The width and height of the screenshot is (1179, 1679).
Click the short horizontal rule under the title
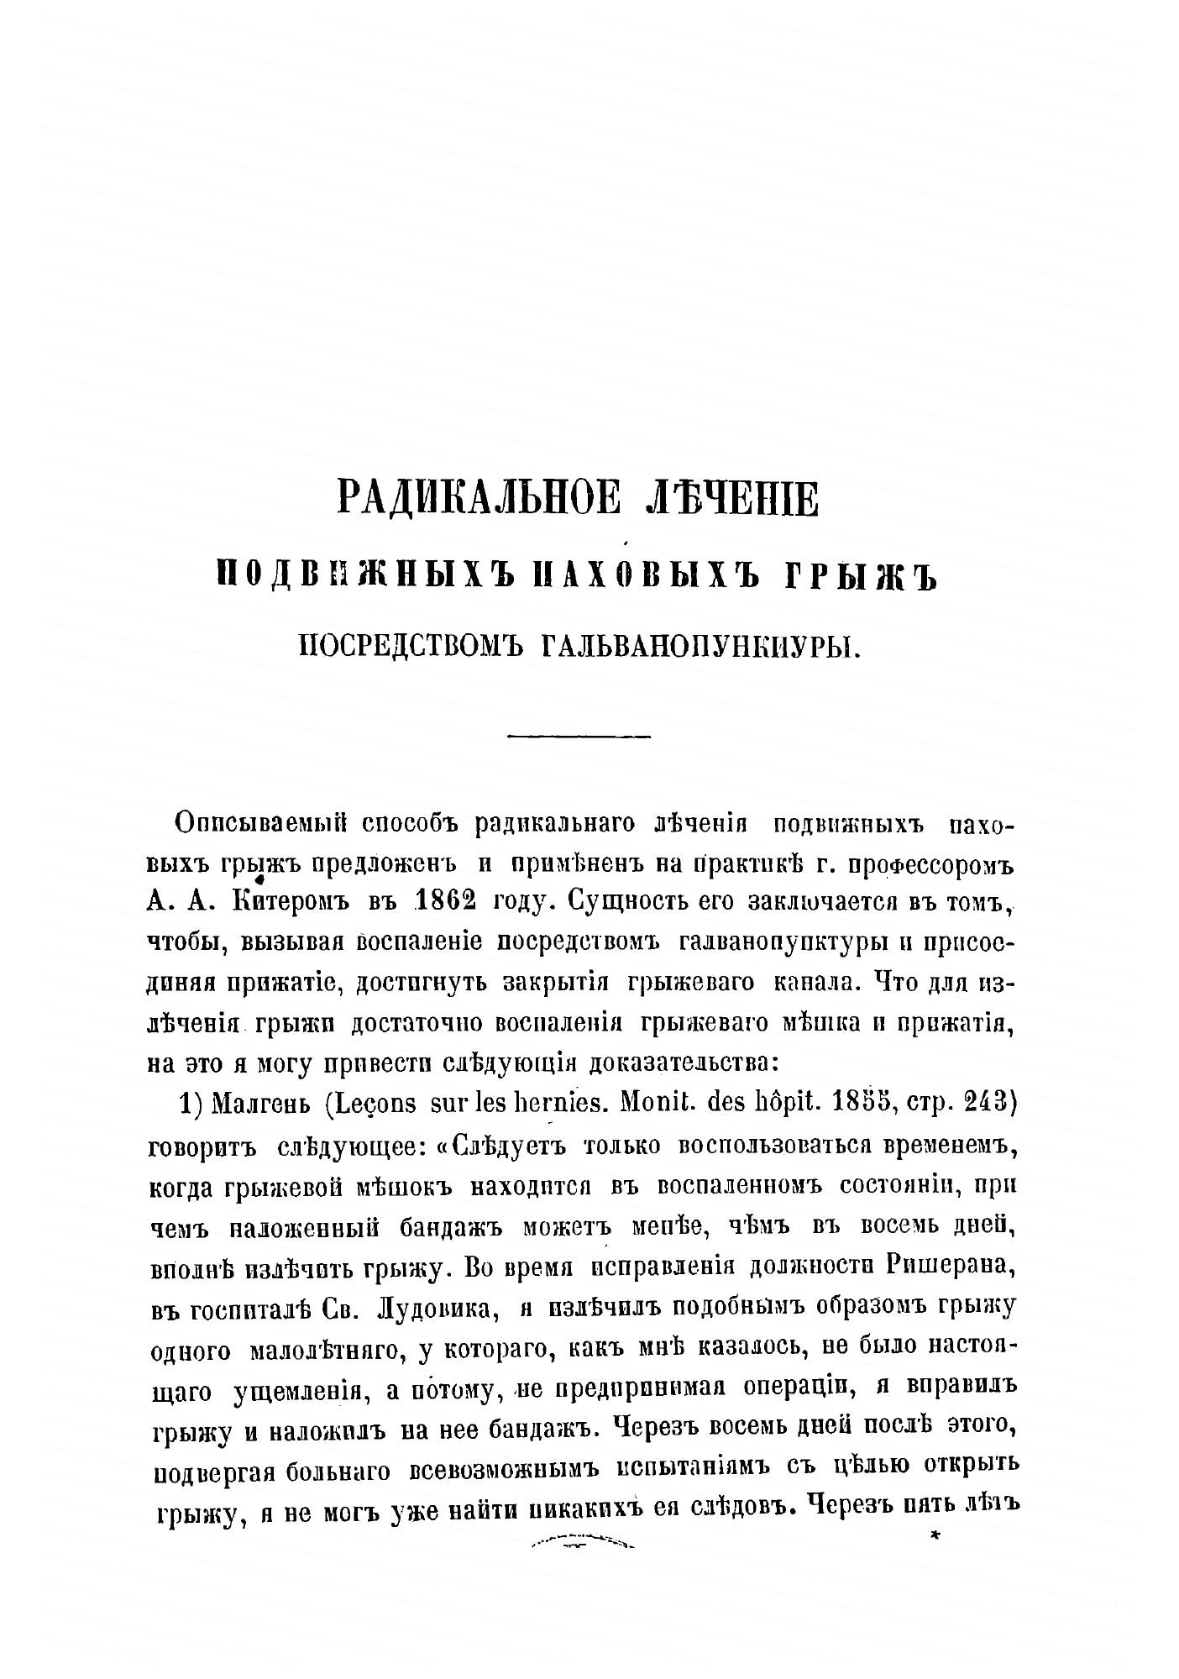(x=579, y=737)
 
